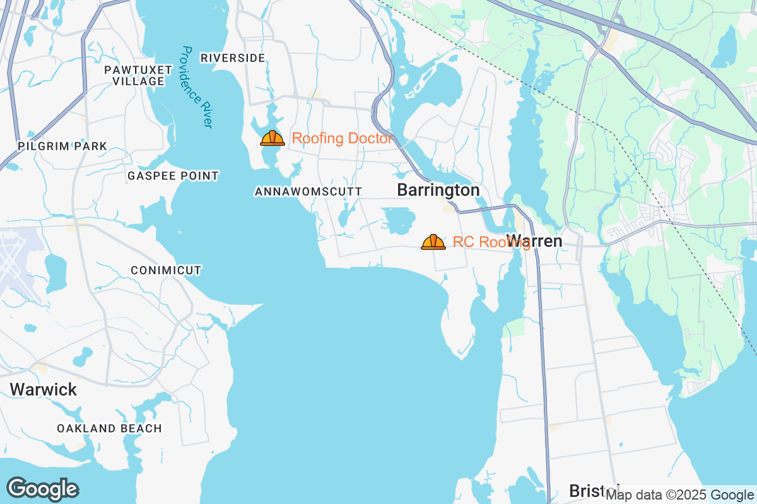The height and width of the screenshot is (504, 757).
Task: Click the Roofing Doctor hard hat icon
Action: click(x=273, y=138)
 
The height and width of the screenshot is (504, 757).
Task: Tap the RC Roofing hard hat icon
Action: click(x=433, y=242)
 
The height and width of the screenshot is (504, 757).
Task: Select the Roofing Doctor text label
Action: click(x=343, y=139)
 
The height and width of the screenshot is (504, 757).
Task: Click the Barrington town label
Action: click(x=438, y=190)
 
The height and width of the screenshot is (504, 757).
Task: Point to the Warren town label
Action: click(x=535, y=241)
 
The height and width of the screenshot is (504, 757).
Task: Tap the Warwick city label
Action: click(x=44, y=389)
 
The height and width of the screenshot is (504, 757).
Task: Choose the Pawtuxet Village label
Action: click(x=134, y=75)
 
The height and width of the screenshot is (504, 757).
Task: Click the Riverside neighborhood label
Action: click(x=233, y=58)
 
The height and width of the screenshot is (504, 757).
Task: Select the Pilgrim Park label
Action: click(x=62, y=146)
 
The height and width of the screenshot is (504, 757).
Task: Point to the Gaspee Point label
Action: click(x=173, y=176)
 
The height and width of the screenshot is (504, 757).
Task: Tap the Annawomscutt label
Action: click(x=308, y=191)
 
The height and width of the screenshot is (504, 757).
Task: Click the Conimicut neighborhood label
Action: click(x=166, y=270)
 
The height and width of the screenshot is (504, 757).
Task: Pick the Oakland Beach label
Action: click(x=109, y=428)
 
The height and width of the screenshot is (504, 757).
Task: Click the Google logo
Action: click(x=42, y=489)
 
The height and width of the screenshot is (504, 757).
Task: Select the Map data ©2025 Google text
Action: click(x=679, y=495)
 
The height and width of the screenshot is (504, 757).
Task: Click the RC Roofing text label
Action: click(x=481, y=242)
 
